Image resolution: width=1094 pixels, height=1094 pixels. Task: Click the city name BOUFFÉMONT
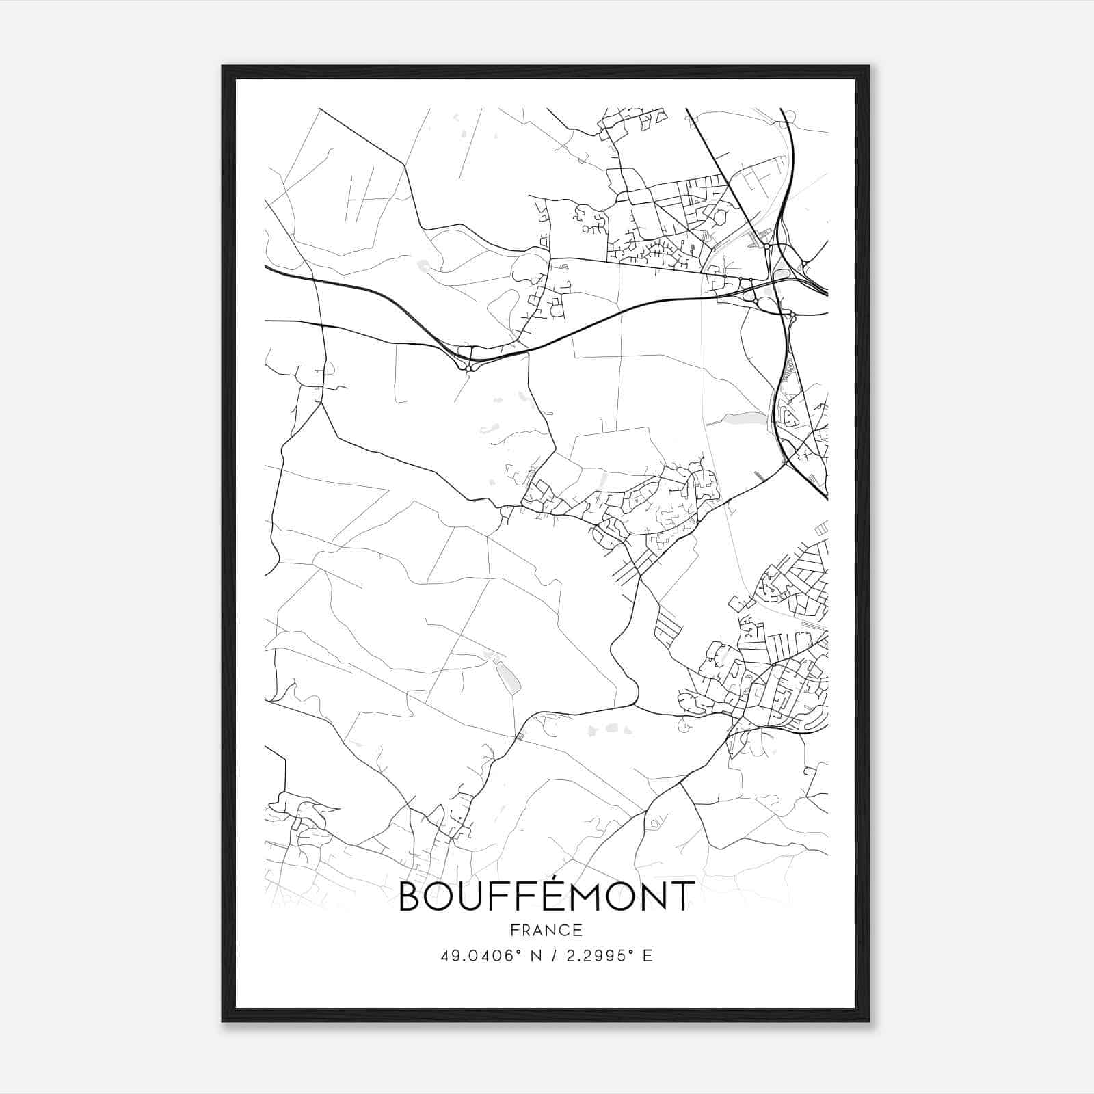click(546, 896)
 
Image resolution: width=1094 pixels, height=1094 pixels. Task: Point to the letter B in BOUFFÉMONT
click(412, 897)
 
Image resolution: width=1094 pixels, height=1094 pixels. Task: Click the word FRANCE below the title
click(546, 930)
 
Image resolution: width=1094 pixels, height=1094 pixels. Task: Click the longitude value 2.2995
click(593, 956)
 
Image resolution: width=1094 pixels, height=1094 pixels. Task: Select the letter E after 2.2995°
click(648, 956)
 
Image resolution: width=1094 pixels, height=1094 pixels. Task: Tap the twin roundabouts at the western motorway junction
click(468, 361)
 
